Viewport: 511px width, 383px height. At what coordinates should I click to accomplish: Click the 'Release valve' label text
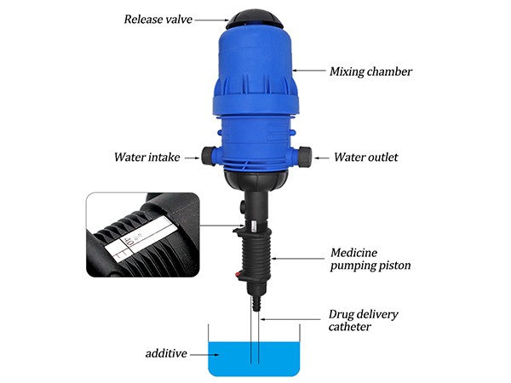[x=158, y=20]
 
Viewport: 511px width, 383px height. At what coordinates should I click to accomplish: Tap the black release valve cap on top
[x=255, y=20]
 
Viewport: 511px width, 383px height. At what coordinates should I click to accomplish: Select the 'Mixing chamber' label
[x=370, y=71]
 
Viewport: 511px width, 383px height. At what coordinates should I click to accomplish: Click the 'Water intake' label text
[x=147, y=157]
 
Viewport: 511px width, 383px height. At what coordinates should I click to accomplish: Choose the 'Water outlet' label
[x=365, y=157]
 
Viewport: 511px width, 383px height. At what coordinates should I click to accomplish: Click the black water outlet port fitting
[x=305, y=155]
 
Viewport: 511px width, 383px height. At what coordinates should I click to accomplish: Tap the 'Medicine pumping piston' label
[x=370, y=259]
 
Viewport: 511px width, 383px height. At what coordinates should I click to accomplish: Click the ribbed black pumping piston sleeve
[x=256, y=255]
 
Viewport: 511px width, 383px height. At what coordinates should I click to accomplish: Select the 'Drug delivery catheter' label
[x=363, y=320]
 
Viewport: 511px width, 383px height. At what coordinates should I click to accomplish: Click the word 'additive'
[x=166, y=353]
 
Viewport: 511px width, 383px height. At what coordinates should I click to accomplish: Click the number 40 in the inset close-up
[x=129, y=242]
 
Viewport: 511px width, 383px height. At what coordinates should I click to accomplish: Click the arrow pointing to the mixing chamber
[x=309, y=70]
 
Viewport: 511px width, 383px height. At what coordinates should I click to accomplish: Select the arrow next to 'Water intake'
[x=192, y=158]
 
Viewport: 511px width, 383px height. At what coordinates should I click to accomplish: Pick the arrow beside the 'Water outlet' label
[x=321, y=158]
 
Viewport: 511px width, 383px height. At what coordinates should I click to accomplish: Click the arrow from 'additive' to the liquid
[x=204, y=354]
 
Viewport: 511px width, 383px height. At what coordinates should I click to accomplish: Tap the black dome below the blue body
[x=255, y=180]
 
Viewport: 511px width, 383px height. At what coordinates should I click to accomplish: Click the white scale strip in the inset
[x=141, y=238]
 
